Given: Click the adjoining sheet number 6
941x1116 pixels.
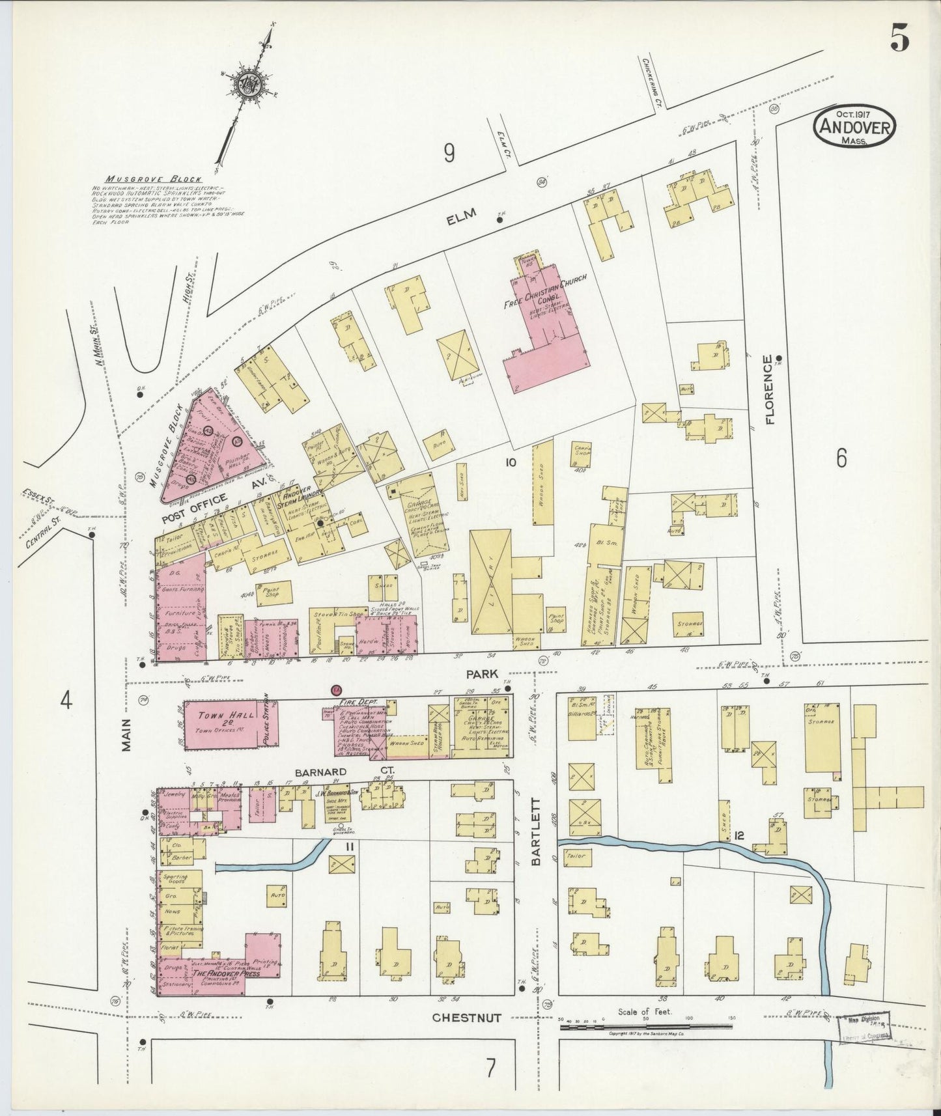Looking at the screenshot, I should coord(841,459).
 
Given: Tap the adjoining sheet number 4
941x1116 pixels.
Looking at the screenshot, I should coord(64,701).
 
